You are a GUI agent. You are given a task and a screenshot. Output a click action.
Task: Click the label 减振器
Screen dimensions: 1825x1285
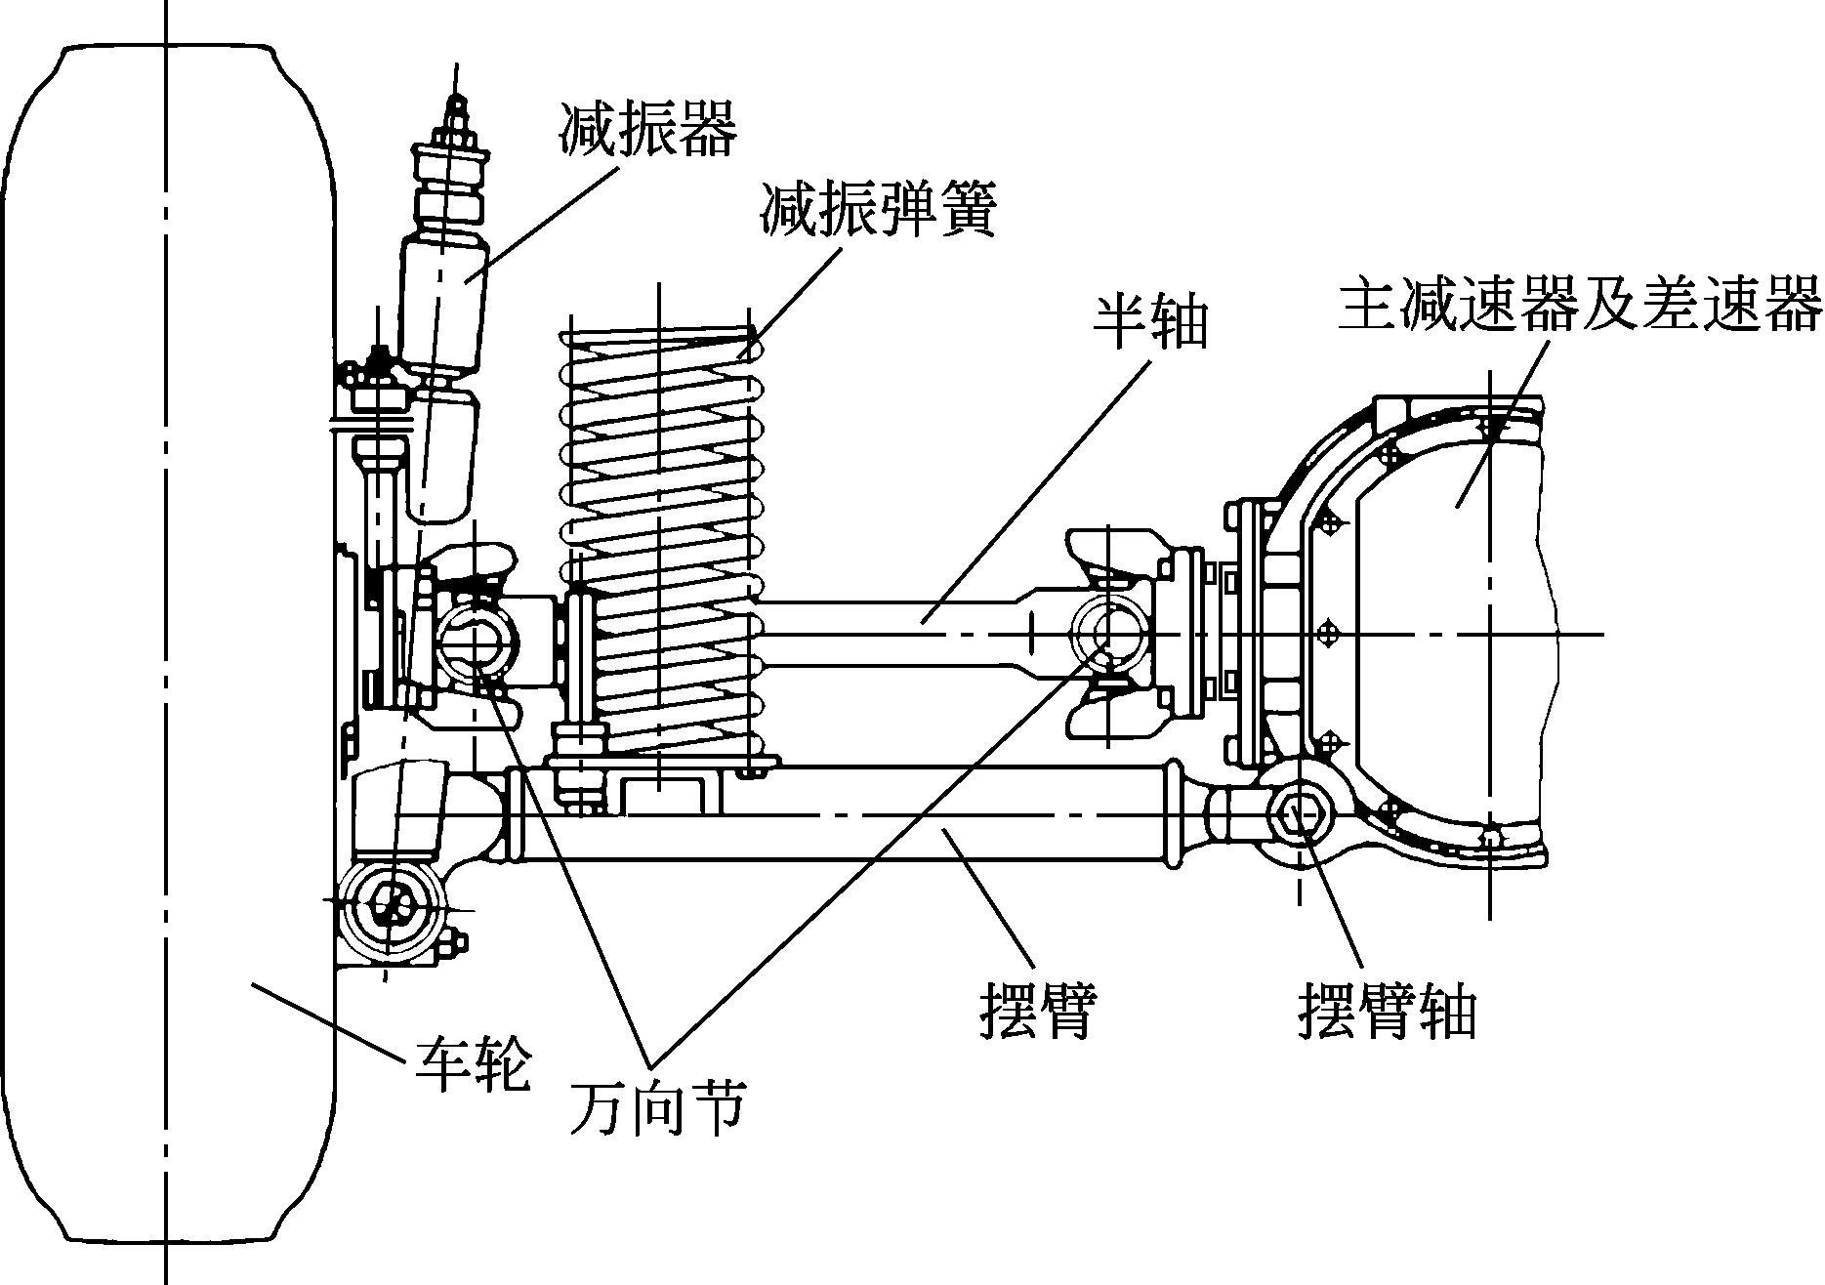(x=647, y=127)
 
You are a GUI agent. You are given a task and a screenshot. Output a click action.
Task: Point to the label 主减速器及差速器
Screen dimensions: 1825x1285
(x=1579, y=305)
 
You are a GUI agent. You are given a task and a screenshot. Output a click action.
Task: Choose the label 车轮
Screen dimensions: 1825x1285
(x=473, y=1064)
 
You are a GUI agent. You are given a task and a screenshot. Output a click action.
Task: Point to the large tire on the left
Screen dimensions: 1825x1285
(x=168, y=642)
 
